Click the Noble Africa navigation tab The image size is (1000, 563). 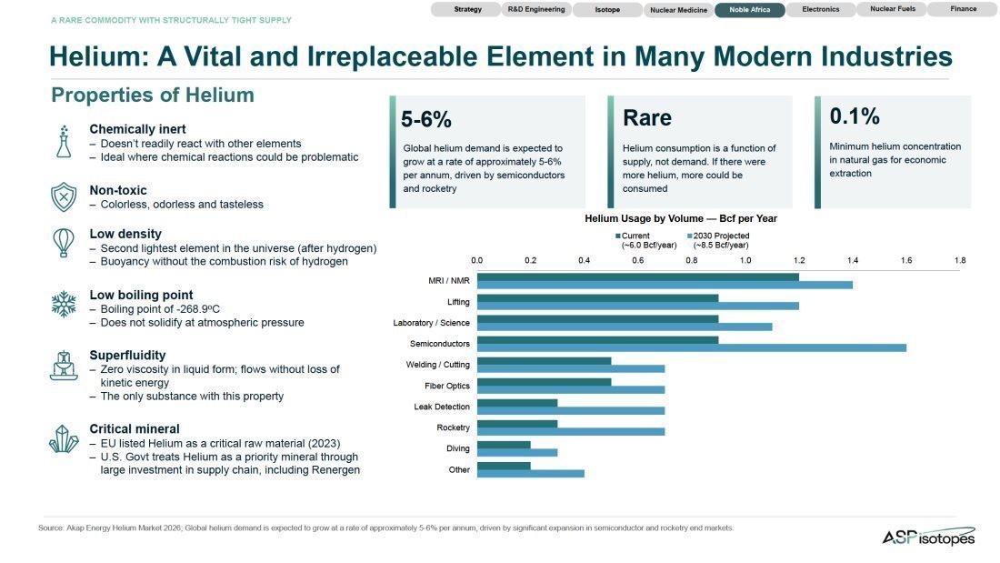pyautogui.click(x=749, y=10)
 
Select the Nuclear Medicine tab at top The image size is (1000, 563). pyautogui.click(x=678, y=10)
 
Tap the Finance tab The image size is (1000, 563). pyautogui.click(x=963, y=9)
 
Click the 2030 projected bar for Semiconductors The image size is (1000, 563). pyautogui.click(x=691, y=347)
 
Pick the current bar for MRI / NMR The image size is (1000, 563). pyautogui.click(x=638, y=277)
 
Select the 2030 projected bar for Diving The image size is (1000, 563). pyautogui.click(x=517, y=453)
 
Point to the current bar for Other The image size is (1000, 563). pyautogui.click(x=504, y=466)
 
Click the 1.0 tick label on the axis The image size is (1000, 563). pyautogui.click(x=745, y=260)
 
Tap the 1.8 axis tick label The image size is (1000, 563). pyautogui.click(x=960, y=260)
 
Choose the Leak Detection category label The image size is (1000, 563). pyautogui.click(x=441, y=407)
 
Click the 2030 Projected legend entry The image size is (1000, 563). pyautogui.click(x=718, y=240)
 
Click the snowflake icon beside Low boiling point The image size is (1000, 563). pyautogui.click(x=64, y=304)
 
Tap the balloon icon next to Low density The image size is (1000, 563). pyautogui.click(x=63, y=243)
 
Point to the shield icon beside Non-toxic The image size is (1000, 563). pyautogui.click(x=64, y=196)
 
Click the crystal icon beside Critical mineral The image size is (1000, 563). pyautogui.click(x=64, y=439)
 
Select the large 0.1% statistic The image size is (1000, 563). pyautogui.click(x=854, y=116)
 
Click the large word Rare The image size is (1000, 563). pyautogui.click(x=646, y=118)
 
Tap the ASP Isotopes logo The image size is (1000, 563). pyautogui.click(x=928, y=537)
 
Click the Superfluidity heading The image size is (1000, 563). pyautogui.click(x=127, y=355)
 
